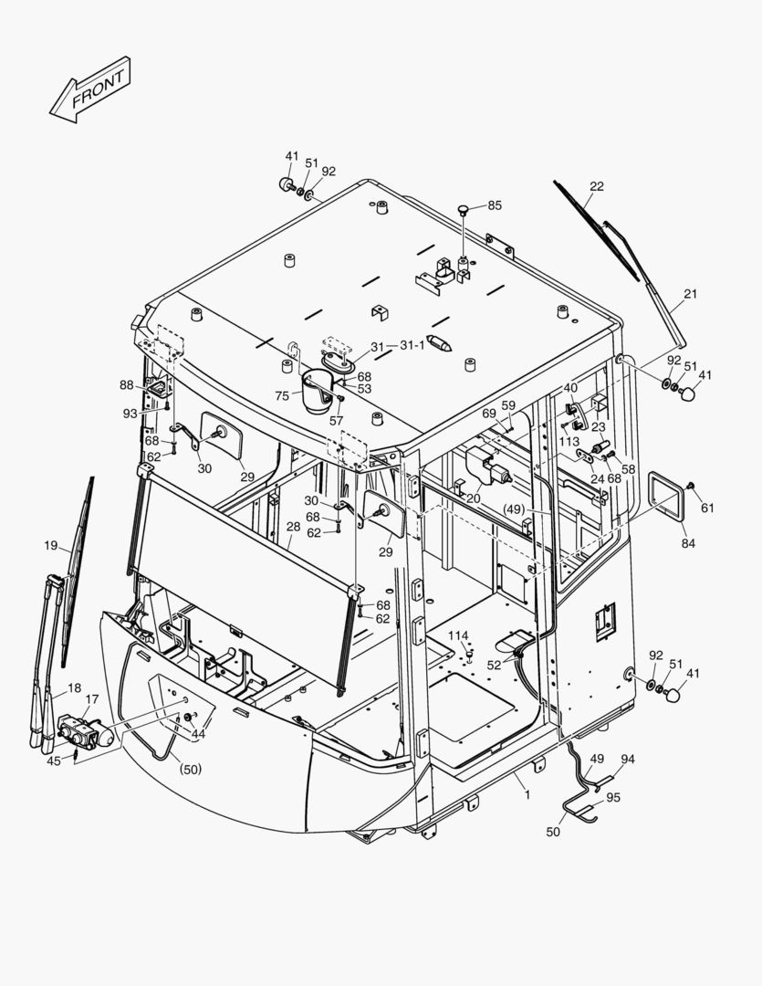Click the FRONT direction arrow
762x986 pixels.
tap(89, 90)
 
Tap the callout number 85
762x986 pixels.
tap(494, 205)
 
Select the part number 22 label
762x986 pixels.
tap(596, 186)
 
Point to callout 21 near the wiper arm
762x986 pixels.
tap(690, 293)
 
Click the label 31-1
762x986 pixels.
tap(412, 345)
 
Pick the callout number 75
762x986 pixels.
tap(282, 395)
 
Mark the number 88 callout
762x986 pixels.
tap(126, 385)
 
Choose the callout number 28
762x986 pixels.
tap(293, 527)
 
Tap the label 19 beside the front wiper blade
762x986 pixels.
tap(50, 545)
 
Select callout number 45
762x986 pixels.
tap(54, 760)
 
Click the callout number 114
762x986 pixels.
tap(457, 635)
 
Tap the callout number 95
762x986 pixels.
tap(612, 797)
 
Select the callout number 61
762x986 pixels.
tap(707, 508)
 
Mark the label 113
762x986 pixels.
tap(569, 441)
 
